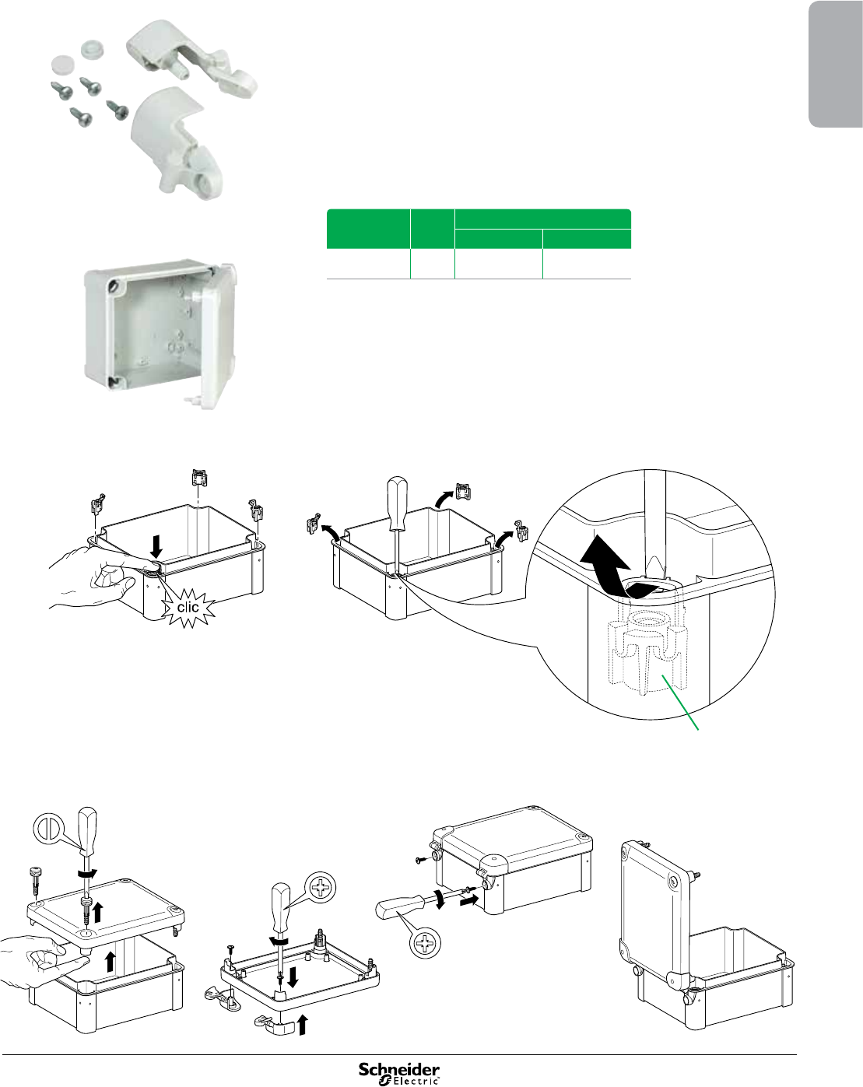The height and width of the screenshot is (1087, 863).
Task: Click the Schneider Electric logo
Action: pyautogui.click(x=398, y=1072)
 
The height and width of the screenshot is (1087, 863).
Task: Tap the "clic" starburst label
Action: pyautogui.click(x=188, y=607)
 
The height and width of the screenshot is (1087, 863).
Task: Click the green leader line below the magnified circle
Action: pyautogui.click(x=681, y=704)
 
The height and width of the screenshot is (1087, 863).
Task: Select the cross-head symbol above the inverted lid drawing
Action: pyautogui.click(x=321, y=886)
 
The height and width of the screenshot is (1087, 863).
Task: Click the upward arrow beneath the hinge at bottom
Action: pyautogui.click(x=303, y=1026)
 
